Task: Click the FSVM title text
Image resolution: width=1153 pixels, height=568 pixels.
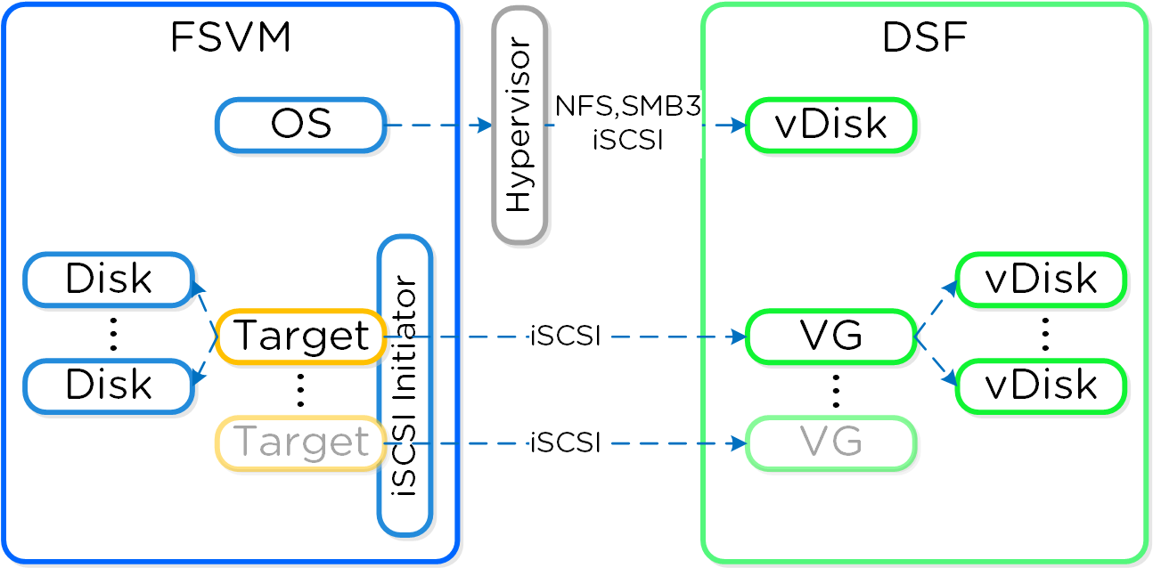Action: click(230, 39)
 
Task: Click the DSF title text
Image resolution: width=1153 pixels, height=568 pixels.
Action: click(924, 39)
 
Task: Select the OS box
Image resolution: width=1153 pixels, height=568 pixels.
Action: click(300, 125)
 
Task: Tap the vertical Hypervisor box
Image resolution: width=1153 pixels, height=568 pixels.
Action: click(519, 125)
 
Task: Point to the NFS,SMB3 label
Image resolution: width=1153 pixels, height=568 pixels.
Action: click(628, 106)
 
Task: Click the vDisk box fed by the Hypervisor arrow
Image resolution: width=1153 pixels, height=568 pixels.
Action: click(830, 125)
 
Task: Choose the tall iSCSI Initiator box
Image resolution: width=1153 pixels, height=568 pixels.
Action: click(405, 385)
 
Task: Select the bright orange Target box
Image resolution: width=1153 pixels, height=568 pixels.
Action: click(300, 337)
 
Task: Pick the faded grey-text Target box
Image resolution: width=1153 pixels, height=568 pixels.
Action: click(300, 442)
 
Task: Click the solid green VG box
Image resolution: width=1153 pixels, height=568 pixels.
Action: click(830, 337)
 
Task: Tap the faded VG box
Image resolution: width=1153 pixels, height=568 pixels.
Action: click(830, 442)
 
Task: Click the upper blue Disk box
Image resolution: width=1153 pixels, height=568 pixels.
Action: click(109, 280)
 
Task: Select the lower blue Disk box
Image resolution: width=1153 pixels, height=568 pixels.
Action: click(109, 385)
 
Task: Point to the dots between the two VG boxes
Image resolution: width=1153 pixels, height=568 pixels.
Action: click(836, 390)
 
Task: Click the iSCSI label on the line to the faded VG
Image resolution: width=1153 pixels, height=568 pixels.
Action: click(565, 442)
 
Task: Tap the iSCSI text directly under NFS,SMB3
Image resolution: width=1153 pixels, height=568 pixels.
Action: click(628, 141)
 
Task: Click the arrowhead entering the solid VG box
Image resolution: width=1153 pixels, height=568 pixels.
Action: click(739, 337)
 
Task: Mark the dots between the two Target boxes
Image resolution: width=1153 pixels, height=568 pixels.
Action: click(300, 390)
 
